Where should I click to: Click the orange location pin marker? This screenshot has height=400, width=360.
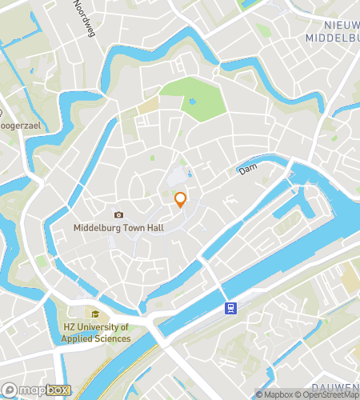click(181, 199)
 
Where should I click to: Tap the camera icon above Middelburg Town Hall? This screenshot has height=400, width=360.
click(118, 214)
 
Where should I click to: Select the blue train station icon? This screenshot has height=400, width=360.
click(230, 307)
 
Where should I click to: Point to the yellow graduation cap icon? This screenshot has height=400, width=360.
click(94, 315)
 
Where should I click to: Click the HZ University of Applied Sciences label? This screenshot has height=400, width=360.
click(96, 333)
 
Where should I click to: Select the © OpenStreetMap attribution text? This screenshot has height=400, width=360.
click(328, 394)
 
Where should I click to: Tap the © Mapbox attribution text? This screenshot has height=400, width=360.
click(275, 394)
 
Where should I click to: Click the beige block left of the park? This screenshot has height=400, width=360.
click(147, 106)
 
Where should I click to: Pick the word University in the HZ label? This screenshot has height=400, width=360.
click(96, 327)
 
